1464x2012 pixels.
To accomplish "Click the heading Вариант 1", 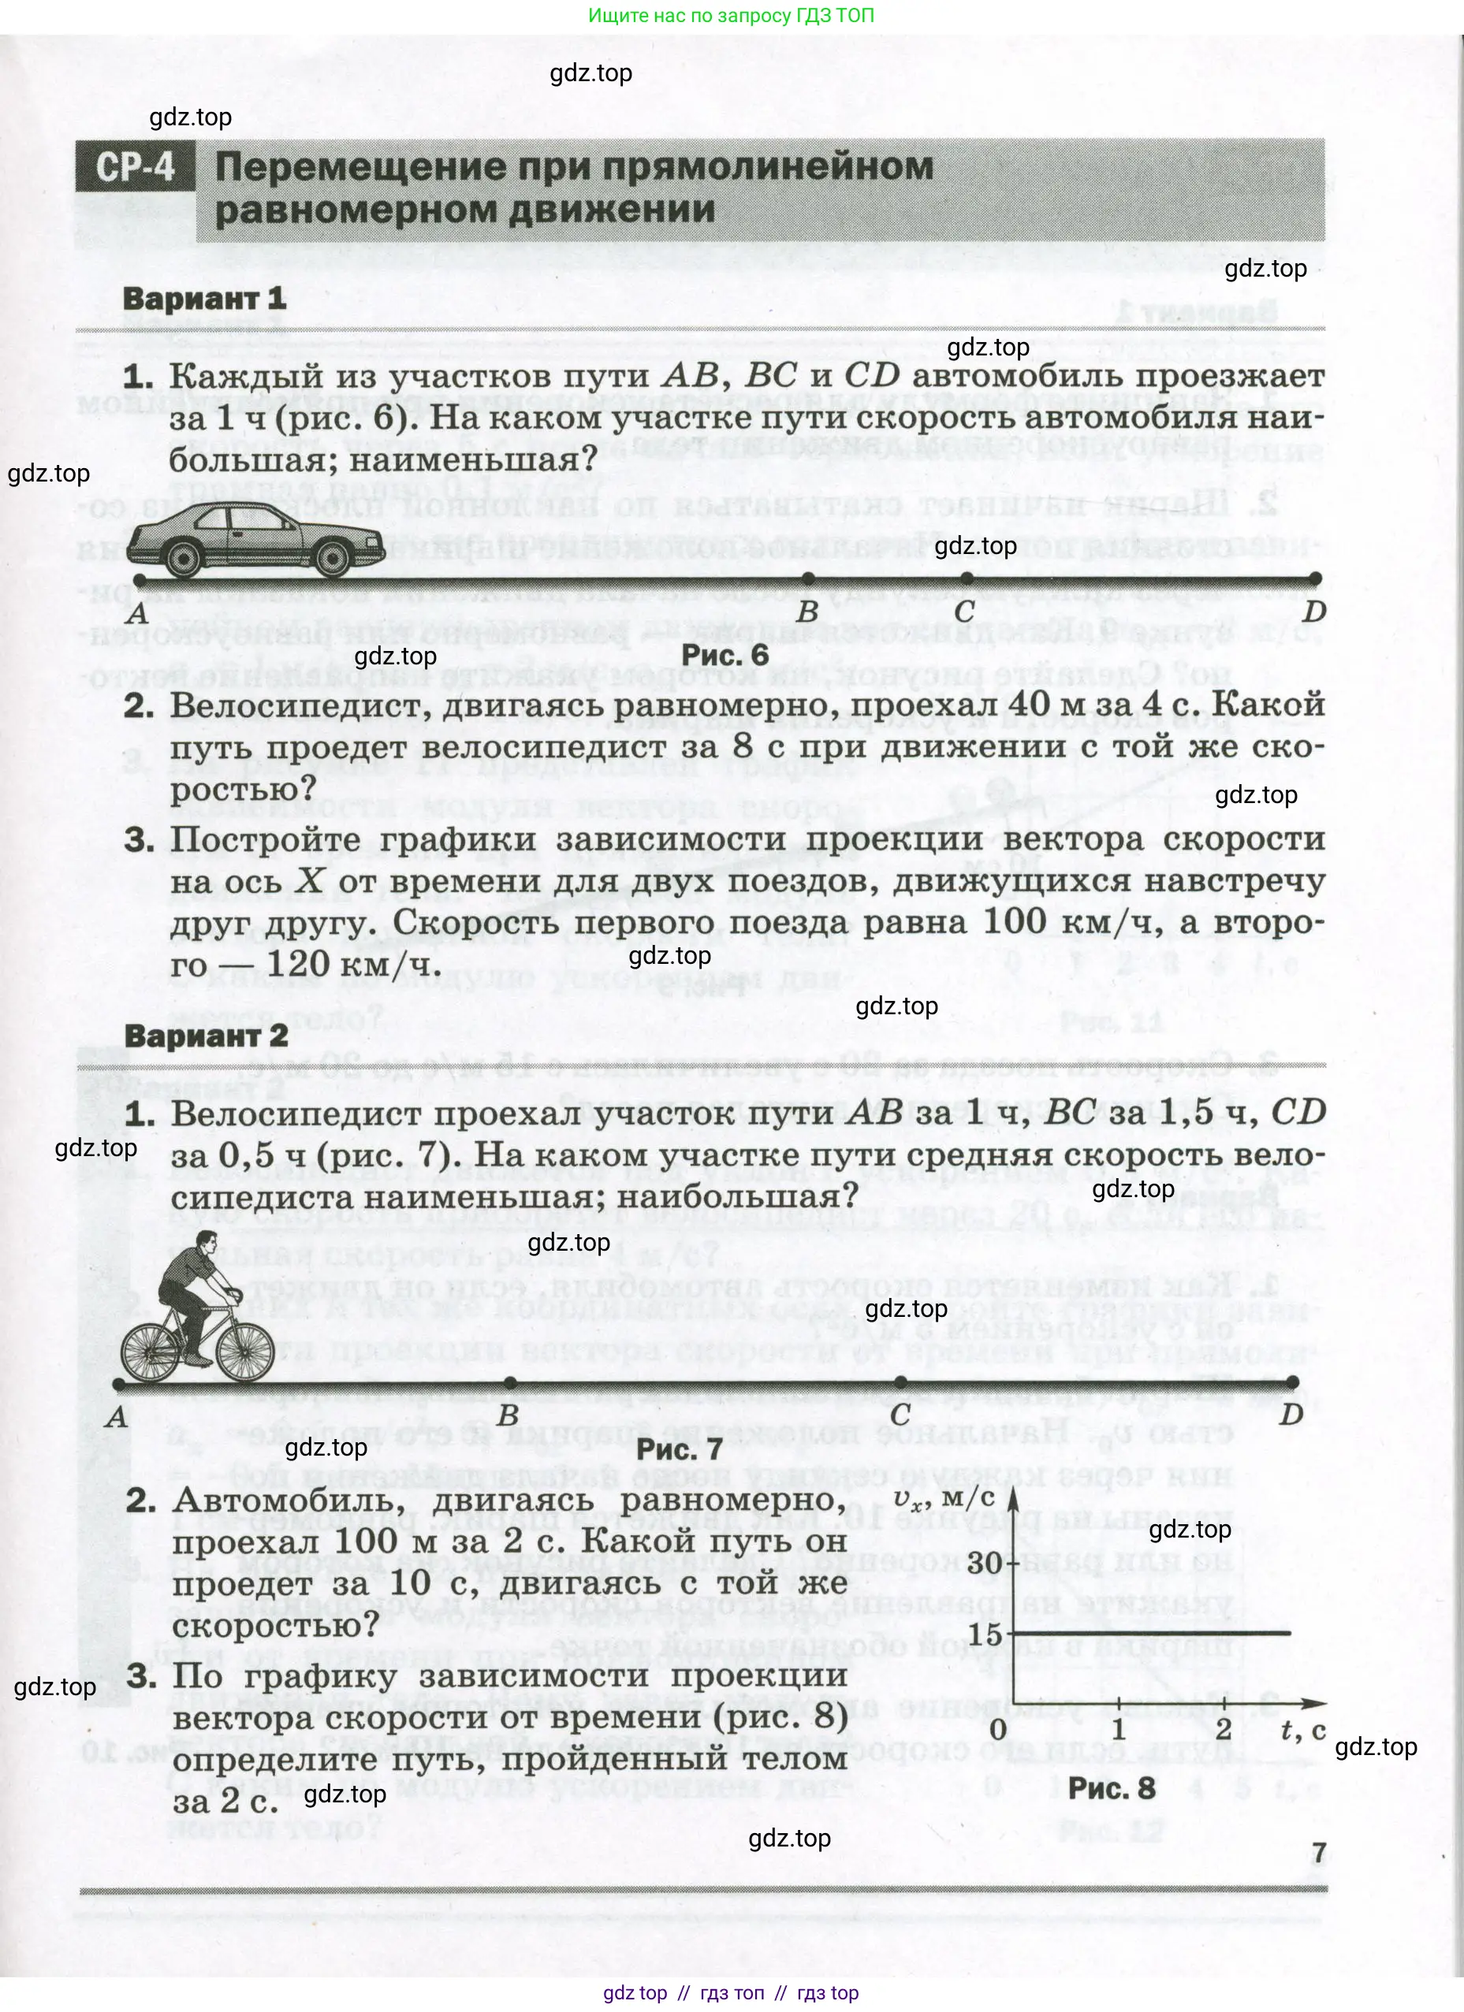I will tap(205, 299).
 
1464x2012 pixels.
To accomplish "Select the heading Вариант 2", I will tap(206, 1036).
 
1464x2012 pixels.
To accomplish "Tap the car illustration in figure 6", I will tap(254, 536).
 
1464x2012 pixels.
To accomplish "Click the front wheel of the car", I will tap(332, 558).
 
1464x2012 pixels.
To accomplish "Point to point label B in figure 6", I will tap(807, 612).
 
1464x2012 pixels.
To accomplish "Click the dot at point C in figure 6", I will tap(967, 578).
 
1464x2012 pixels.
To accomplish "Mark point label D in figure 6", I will tap(1314, 612).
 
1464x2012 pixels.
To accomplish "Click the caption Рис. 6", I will tap(724, 656).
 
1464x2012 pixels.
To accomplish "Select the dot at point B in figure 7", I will tap(509, 1382).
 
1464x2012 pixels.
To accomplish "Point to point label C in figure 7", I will tap(900, 1415).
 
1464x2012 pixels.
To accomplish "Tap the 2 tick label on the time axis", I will tap(1224, 1728).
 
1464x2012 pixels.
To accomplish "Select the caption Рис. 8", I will tap(1111, 1787).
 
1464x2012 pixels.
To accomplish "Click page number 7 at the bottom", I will tap(1320, 1852).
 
